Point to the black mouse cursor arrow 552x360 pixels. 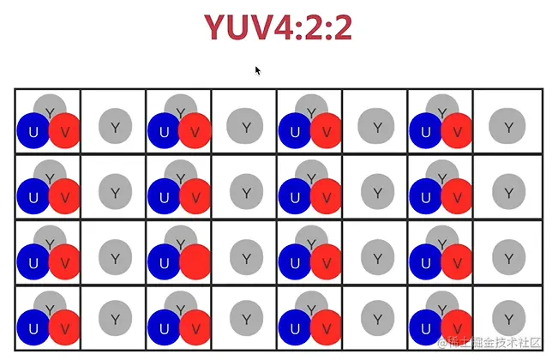click(257, 70)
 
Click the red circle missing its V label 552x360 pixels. click(195, 261)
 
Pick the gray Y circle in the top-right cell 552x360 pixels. click(507, 127)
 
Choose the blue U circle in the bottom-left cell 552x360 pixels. click(33, 327)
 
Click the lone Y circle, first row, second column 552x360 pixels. click(115, 127)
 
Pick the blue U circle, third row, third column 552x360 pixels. click(165, 261)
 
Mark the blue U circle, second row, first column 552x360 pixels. click(33, 196)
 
